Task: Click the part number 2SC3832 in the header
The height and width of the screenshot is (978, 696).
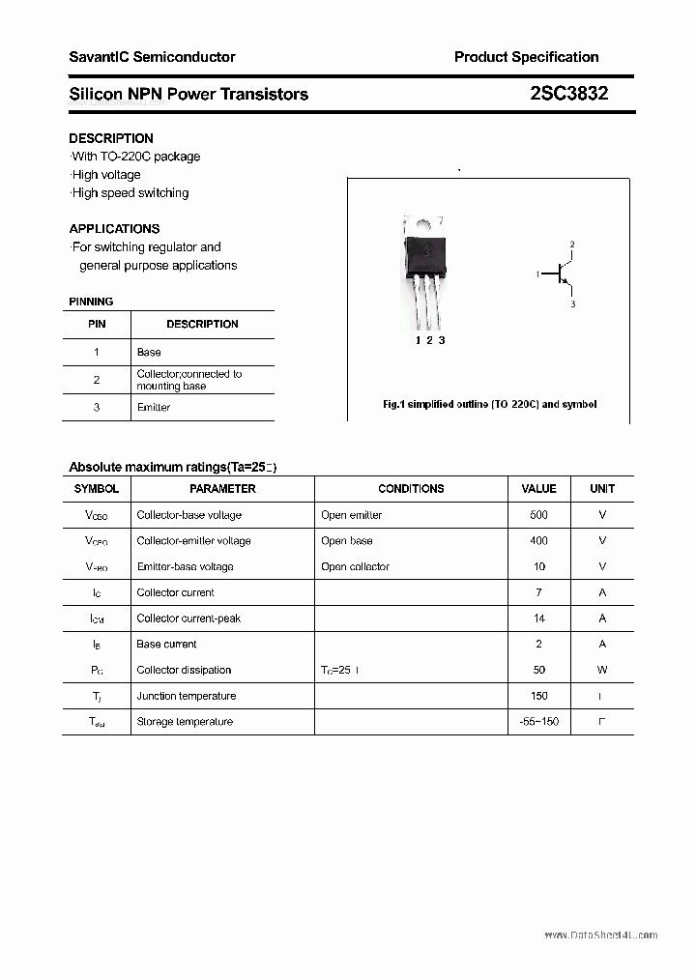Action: [x=568, y=94]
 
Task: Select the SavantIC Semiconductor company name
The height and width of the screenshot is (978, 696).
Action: [x=152, y=57]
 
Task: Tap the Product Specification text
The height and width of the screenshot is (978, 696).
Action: [x=526, y=57]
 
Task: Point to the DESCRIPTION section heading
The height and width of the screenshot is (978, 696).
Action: [x=111, y=138]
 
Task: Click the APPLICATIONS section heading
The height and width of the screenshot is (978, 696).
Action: [x=114, y=229]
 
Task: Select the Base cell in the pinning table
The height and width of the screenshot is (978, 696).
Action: [x=149, y=353]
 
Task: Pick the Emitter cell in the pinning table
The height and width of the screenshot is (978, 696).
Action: [x=154, y=408]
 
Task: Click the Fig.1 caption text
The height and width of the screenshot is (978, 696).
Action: [x=489, y=404]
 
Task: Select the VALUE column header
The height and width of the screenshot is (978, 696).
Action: [x=538, y=489]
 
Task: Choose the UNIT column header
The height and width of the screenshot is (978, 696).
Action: [x=602, y=489]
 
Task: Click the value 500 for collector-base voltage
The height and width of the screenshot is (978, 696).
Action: [x=538, y=515]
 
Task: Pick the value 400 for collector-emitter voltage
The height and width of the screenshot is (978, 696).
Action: [x=538, y=541]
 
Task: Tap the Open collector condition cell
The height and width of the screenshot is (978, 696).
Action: [x=355, y=567]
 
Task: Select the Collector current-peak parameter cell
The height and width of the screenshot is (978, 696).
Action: [x=188, y=618]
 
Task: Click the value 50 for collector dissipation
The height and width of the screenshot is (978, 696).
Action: [x=538, y=670]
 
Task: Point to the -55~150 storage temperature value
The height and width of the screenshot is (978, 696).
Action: [x=538, y=722]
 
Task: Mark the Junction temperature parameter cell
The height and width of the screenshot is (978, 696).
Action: [x=187, y=696]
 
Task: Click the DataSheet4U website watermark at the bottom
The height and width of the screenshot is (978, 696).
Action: [x=600, y=935]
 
